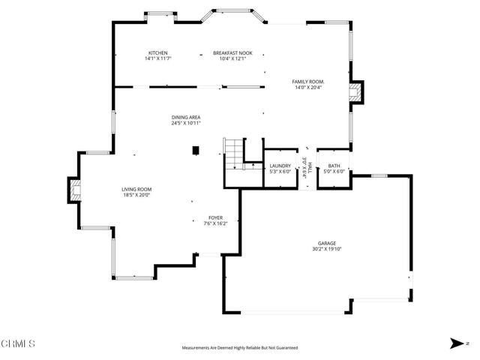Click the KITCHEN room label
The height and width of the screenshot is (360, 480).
[158, 52]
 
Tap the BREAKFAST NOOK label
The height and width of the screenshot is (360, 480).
[232, 52]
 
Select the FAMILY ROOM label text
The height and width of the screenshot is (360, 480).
[308, 81]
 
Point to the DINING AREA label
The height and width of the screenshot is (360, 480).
[185, 117]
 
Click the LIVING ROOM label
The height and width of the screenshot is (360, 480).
[137, 189]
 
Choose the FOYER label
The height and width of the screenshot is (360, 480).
[216, 217]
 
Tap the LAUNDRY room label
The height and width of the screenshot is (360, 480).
[280, 165]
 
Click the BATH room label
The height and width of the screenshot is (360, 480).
[334, 165]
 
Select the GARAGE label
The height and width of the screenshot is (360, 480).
[326, 243]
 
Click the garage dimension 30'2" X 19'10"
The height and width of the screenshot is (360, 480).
[326, 249]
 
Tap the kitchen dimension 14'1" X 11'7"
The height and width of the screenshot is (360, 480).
[158, 58]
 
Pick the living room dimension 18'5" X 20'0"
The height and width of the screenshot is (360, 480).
[137, 195]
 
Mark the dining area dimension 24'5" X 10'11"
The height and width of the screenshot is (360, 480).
[185, 123]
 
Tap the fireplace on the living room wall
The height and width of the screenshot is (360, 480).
[74, 190]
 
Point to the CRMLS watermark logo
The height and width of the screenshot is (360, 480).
[18, 344]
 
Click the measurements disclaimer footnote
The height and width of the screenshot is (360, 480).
[240, 348]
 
